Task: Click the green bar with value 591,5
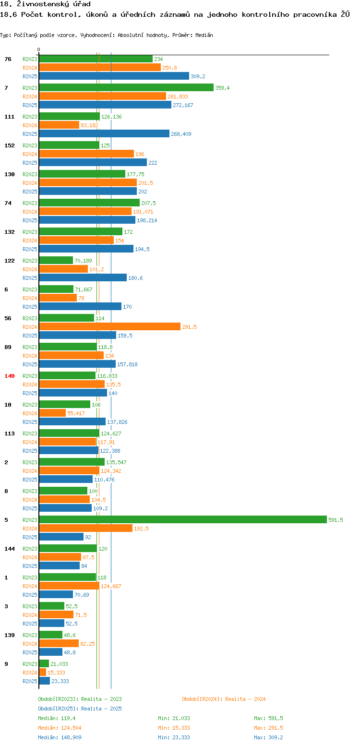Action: click(x=183, y=519)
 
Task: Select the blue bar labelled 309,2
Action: click(x=114, y=76)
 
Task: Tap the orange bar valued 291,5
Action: click(x=110, y=327)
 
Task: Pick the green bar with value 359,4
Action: click(x=126, y=87)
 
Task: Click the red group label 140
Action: click(x=9, y=376)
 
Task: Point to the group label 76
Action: click(x=8, y=59)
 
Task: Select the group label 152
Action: click(x=9, y=145)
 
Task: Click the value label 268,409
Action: click(x=181, y=134)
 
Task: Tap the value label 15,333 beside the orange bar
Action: click(x=56, y=673)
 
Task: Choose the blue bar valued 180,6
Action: click(x=83, y=278)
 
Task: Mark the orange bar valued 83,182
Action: click(x=59, y=125)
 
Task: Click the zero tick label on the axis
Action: click(x=38, y=49)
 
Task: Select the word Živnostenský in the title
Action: click(x=43, y=4)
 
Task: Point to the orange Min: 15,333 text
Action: click(x=174, y=728)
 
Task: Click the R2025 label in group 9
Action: click(x=30, y=681)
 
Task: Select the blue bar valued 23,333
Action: click(x=45, y=681)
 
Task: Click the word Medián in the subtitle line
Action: click(x=204, y=36)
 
